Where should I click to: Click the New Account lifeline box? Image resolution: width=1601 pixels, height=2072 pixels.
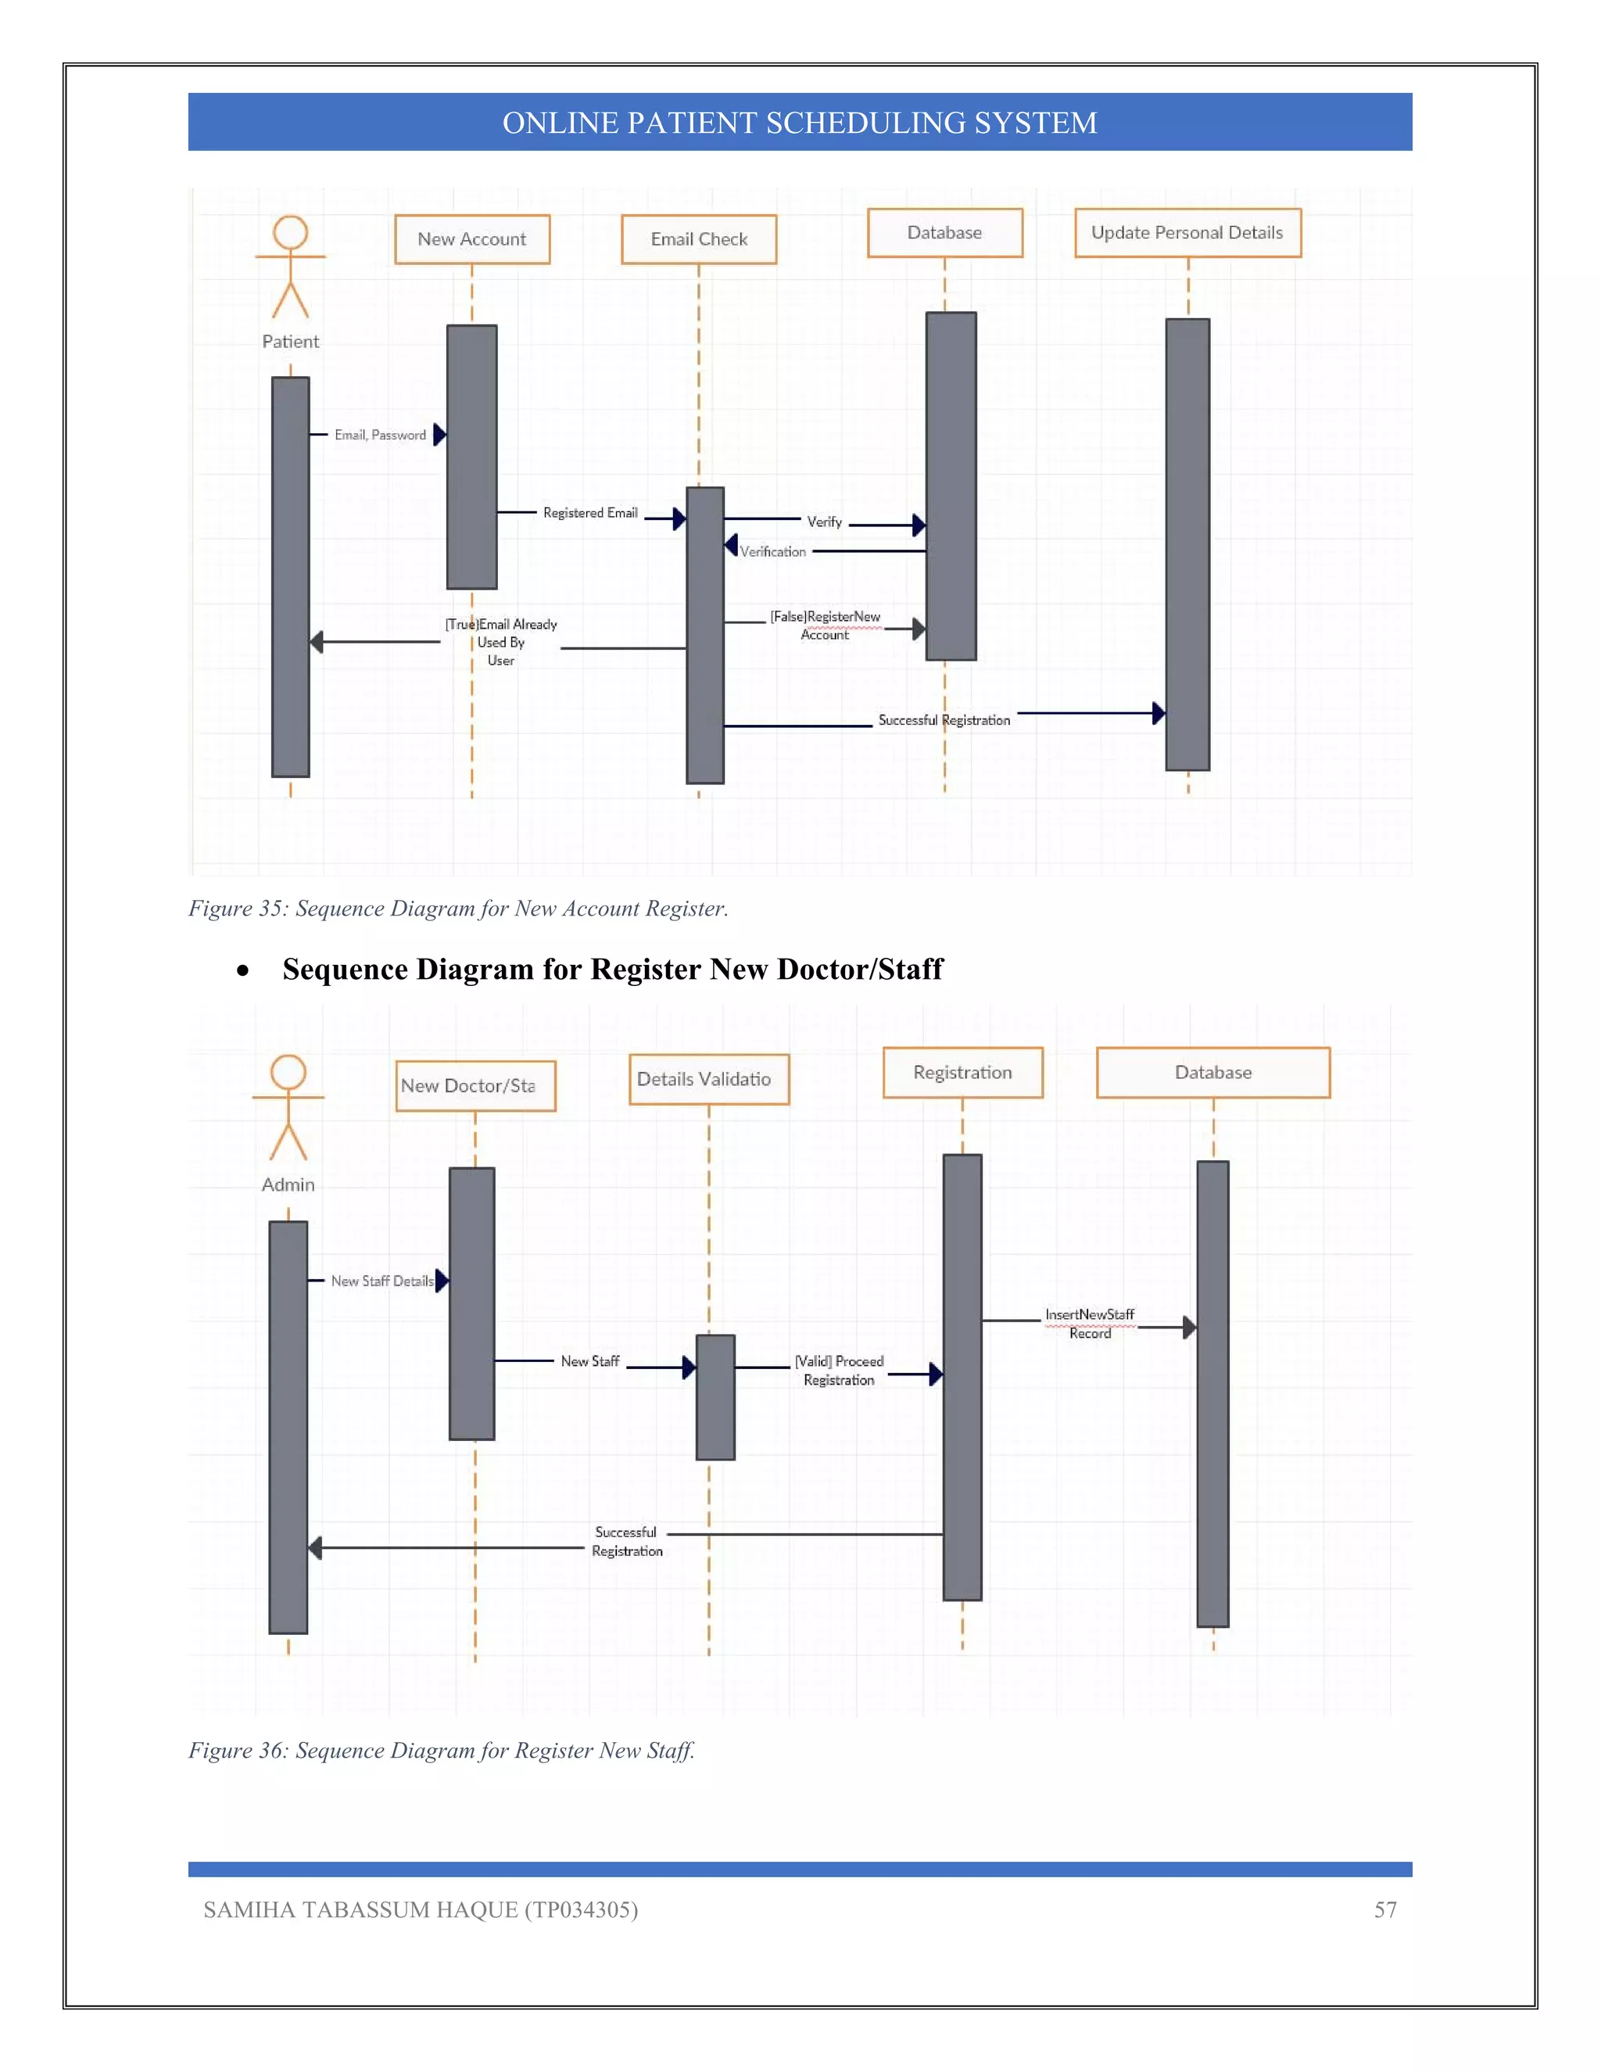[x=471, y=239]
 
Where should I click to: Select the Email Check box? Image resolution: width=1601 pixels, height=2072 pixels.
[x=698, y=239]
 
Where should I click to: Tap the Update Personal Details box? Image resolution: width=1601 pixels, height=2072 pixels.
[x=1187, y=232]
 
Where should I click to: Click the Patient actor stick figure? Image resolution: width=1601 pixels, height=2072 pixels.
[x=290, y=267]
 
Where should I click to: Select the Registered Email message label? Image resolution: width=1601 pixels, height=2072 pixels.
[x=590, y=512]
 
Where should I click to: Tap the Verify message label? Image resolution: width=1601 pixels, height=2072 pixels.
[x=824, y=522]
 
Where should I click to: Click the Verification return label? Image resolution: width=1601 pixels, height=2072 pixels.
[x=772, y=551]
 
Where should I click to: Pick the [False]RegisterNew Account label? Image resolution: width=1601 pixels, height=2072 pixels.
[x=826, y=626]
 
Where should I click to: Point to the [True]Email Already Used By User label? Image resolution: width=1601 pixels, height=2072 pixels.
[x=501, y=642]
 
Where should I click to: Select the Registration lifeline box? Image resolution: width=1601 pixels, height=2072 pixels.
[x=962, y=1072]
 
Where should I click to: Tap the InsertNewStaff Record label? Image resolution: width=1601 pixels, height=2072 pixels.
[x=1090, y=1324]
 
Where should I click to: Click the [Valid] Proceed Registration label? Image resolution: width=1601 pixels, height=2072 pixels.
[x=839, y=1370]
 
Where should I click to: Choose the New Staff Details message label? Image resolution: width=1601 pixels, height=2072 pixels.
[x=381, y=1281]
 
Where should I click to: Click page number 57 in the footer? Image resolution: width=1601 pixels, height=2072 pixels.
[x=1384, y=1910]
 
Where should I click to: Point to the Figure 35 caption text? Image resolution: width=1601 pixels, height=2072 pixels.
[x=458, y=908]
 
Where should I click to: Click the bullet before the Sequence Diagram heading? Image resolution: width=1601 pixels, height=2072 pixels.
[x=244, y=970]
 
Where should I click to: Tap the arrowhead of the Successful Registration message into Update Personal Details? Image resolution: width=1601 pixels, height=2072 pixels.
[x=1158, y=712]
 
